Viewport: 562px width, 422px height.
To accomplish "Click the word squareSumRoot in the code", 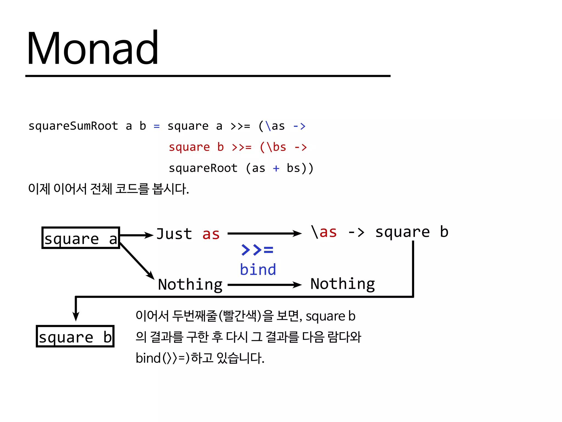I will (x=73, y=126).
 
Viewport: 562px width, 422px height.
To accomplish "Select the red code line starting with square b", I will (x=238, y=147).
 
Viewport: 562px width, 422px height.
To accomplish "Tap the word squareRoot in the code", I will (x=203, y=168).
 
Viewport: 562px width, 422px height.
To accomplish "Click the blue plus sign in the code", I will (x=276, y=168).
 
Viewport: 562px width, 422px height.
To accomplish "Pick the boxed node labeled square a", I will (x=81, y=238).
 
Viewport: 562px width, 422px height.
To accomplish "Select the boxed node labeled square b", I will (x=75, y=337).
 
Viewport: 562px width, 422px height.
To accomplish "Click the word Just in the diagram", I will (x=174, y=234).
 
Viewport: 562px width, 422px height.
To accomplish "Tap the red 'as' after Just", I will (x=211, y=234).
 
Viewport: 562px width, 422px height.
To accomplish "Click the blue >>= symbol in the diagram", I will (x=257, y=250).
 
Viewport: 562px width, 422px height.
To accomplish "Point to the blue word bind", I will (x=258, y=270).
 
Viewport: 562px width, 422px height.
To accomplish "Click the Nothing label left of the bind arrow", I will (x=190, y=284).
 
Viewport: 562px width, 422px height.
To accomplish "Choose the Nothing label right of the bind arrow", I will (x=342, y=284).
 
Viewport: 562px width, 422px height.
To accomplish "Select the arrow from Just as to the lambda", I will (x=265, y=234).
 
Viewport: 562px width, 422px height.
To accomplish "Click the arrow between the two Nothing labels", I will (x=265, y=285).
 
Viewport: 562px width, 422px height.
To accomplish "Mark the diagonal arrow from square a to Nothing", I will (x=137, y=261).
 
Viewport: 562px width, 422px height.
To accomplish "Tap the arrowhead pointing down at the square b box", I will (x=76, y=316).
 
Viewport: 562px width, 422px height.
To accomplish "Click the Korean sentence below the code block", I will (x=109, y=189).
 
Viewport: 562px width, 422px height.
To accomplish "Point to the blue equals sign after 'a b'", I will (x=157, y=126).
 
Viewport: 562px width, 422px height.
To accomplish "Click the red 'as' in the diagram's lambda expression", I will (x=328, y=232).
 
